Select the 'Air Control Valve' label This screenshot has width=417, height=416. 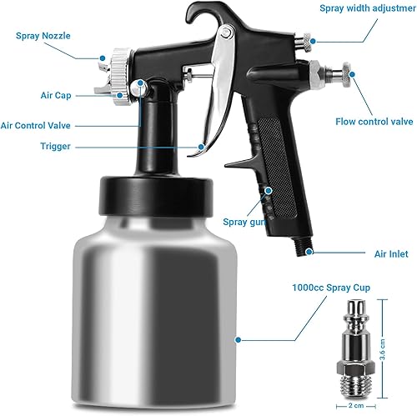coord(47,125)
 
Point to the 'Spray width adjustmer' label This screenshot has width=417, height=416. coord(366,9)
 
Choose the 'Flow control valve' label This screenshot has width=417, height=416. coord(374,121)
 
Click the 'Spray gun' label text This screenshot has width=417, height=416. coord(244,222)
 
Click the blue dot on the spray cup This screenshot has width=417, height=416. coord(238,339)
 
